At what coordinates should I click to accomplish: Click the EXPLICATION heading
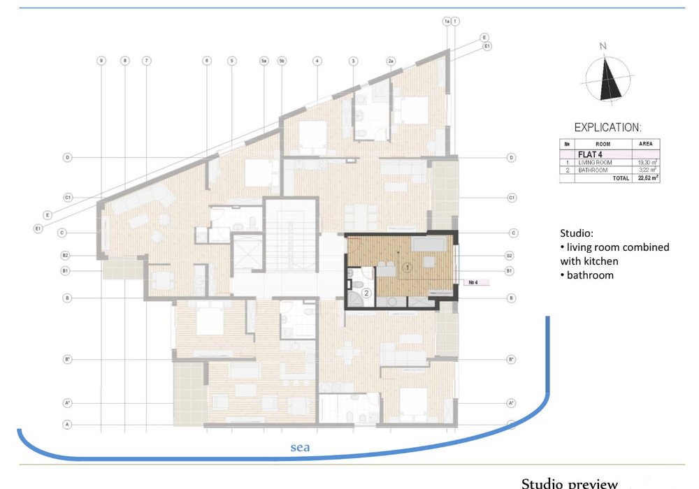[607, 128]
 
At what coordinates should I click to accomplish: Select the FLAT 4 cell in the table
[591, 154]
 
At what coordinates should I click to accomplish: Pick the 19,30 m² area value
[645, 162]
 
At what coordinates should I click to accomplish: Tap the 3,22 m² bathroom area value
[646, 170]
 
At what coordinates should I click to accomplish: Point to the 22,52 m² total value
[645, 178]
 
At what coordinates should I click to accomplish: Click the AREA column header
[645, 144]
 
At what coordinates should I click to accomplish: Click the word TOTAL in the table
[620, 178]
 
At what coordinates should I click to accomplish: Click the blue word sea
[300, 447]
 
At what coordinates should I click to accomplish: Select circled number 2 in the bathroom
[365, 294]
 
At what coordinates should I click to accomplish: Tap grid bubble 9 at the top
[101, 61]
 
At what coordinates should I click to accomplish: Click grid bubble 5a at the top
[264, 61]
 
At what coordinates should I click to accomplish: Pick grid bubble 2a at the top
[391, 61]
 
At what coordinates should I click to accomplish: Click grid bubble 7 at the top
[146, 61]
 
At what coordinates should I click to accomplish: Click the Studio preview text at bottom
[569, 483]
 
